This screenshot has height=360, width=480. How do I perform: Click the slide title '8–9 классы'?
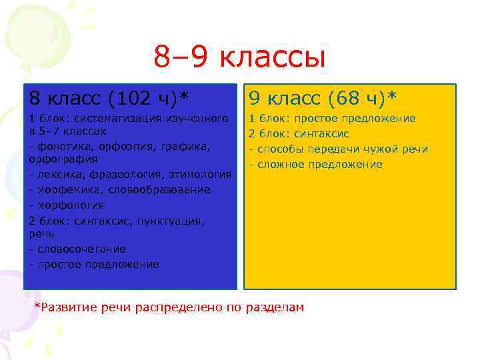pos(239,57)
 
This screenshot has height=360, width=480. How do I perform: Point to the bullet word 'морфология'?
pos(69,205)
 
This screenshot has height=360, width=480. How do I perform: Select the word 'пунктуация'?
pos(170,219)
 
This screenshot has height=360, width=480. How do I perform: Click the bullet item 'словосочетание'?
pos(80,249)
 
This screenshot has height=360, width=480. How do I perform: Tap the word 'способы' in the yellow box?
pos(277,149)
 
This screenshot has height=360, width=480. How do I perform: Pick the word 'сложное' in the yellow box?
pos(277,164)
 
